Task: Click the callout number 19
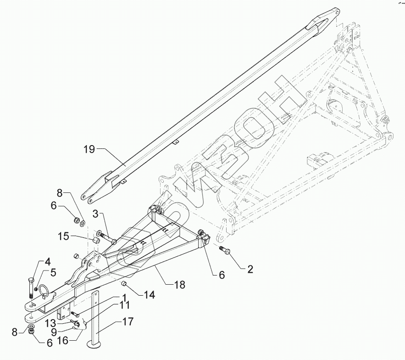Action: pos(89,149)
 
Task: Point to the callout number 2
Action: pos(250,269)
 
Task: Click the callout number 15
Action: pos(64,236)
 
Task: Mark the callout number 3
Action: pos(96,214)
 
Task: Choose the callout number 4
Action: pos(47,263)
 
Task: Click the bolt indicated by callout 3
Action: pos(108,239)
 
